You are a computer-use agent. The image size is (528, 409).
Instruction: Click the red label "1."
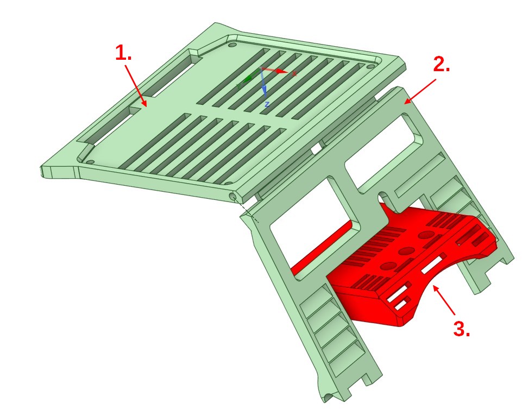click(x=123, y=53)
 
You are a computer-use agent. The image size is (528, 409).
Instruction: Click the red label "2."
click(x=441, y=64)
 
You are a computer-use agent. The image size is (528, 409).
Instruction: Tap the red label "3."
click(x=461, y=329)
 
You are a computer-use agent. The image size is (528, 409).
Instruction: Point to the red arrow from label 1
click(x=136, y=85)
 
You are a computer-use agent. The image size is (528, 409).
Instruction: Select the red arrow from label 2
click(x=420, y=91)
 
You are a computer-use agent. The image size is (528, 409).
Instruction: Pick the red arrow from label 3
click(x=444, y=300)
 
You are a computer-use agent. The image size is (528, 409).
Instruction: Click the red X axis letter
click(x=294, y=73)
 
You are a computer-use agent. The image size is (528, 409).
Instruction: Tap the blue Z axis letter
click(x=267, y=104)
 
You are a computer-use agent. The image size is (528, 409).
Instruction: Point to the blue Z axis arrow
click(x=263, y=83)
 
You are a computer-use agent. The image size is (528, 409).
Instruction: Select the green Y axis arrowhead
click(x=248, y=79)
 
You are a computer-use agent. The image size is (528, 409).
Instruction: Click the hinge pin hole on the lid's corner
click(x=232, y=196)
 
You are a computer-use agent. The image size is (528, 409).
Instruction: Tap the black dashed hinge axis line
click(x=247, y=211)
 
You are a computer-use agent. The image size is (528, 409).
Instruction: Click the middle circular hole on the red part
click(x=406, y=251)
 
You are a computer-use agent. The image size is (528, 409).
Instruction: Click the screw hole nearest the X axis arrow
click(x=370, y=66)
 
